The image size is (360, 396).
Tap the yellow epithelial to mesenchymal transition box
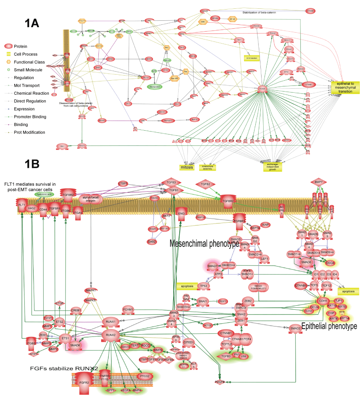tap(346, 87)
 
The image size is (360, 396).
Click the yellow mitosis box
tap(186, 167)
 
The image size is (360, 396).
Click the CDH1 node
tap(322, 300)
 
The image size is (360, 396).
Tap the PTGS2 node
tap(144, 376)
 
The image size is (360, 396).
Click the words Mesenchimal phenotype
tap(204, 243)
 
